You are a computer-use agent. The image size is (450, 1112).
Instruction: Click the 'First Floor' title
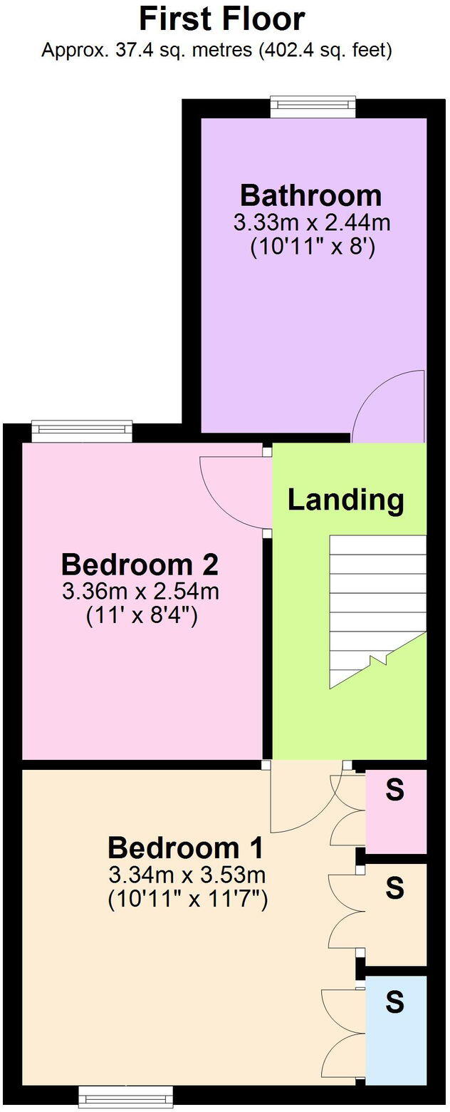pyautogui.click(x=222, y=19)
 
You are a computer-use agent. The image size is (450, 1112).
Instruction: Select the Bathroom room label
pyautogui.click(x=310, y=195)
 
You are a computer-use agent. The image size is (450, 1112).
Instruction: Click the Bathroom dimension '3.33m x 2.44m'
pyautogui.click(x=312, y=222)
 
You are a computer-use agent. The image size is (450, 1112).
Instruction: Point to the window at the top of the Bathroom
pyautogui.click(x=313, y=107)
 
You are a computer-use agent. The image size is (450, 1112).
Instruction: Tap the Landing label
pyautogui.click(x=345, y=500)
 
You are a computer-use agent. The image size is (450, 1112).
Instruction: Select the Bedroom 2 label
pyautogui.click(x=140, y=565)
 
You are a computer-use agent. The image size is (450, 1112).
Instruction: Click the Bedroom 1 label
pyautogui.click(x=186, y=848)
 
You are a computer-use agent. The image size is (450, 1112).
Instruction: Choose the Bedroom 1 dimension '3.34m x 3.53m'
pyautogui.click(x=187, y=874)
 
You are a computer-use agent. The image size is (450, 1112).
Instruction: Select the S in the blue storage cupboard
pyautogui.click(x=394, y=1003)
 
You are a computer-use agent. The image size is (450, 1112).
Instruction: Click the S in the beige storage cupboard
pyautogui.click(x=394, y=888)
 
